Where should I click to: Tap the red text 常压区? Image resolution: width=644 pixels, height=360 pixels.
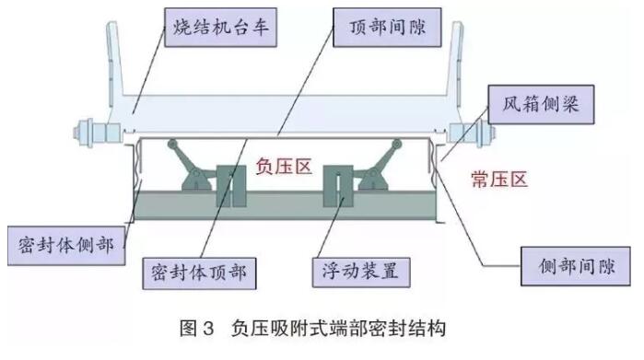coord(498,180)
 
